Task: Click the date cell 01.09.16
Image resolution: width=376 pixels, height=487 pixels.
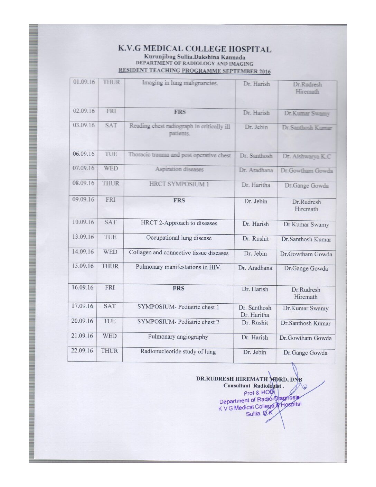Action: (x=84, y=82)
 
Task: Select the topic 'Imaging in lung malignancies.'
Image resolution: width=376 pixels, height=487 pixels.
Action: (x=180, y=83)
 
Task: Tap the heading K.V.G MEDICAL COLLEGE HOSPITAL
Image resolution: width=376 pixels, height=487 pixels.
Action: (x=195, y=49)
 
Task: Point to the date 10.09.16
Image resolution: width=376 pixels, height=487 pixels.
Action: (x=83, y=222)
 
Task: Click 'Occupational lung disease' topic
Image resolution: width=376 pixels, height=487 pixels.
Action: (x=179, y=238)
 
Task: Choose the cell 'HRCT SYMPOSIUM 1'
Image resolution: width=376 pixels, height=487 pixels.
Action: (x=179, y=184)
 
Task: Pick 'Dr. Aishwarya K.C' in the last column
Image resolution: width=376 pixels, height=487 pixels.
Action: (x=307, y=156)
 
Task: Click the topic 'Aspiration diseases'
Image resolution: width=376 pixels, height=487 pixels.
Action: (x=179, y=169)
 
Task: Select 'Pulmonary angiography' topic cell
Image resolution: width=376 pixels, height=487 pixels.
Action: (x=178, y=337)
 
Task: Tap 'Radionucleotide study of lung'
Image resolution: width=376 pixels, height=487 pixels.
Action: (x=178, y=352)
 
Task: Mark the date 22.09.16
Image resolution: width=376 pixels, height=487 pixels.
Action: (x=82, y=351)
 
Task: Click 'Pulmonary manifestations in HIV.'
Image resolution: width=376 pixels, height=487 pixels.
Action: (x=178, y=267)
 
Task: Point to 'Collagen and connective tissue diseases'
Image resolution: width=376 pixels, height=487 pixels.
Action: (x=179, y=253)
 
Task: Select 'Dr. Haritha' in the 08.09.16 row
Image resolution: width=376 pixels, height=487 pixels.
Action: (x=256, y=185)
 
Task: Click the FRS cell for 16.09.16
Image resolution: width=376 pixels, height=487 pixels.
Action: (x=178, y=288)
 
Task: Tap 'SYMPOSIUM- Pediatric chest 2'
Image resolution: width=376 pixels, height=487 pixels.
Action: (x=178, y=322)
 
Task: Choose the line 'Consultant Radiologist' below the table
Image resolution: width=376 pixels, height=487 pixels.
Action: (x=253, y=386)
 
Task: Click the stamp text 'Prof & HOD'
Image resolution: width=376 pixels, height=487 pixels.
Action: (x=258, y=393)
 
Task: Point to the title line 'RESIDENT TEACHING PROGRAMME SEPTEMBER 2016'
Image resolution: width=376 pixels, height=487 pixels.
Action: (x=194, y=71)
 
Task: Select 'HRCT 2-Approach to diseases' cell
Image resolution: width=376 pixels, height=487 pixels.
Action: (x=179, y=223)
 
